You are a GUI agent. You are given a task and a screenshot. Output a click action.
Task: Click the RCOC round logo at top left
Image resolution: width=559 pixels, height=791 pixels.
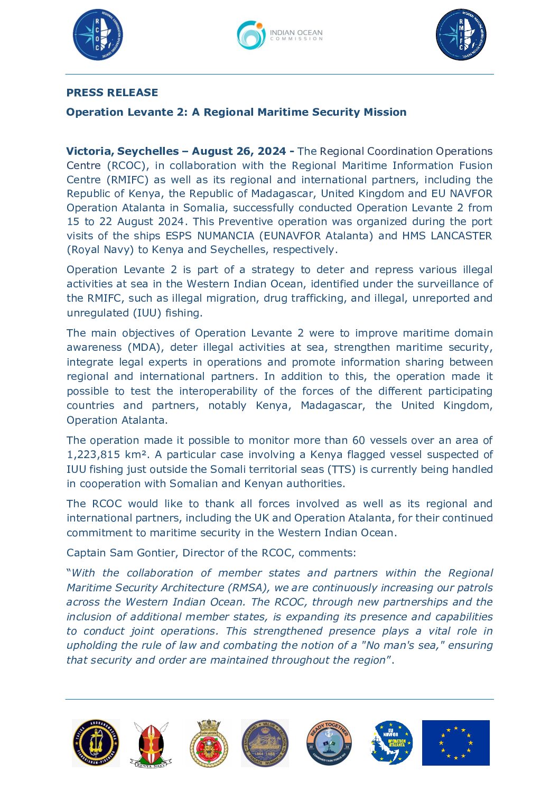click(x=98, y=35)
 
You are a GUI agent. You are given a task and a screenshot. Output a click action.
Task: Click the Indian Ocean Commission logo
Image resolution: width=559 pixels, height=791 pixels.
click(x=279, y=35)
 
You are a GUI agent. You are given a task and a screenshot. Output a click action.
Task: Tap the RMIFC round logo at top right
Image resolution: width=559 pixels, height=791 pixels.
click(x=461, y=35)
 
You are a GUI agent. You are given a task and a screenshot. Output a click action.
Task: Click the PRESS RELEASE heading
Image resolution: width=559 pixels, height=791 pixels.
click(x=112, y=92)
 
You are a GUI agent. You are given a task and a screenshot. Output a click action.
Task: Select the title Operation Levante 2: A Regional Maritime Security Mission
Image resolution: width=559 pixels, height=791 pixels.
click(x=236, y=112)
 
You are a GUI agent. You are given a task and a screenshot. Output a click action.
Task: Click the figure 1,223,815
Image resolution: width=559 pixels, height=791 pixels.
click(x=94, y=454)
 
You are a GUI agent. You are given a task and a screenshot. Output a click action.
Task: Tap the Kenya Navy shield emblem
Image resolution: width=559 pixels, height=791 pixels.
click(x=152, y=743)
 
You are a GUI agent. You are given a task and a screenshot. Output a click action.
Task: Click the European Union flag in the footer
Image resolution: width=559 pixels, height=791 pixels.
click(x=455, y=742)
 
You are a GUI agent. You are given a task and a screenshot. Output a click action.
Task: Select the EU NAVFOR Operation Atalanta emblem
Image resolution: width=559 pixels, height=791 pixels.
click(x=392, y=742)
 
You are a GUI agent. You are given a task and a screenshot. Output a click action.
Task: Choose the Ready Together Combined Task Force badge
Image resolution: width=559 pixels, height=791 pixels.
click(x=329, y=742)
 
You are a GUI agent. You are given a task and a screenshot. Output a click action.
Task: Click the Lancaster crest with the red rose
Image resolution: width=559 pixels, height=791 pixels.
click(x=209, y=743)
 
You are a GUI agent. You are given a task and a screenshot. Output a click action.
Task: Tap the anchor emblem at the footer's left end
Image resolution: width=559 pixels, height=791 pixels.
click(x=96, y=742)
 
